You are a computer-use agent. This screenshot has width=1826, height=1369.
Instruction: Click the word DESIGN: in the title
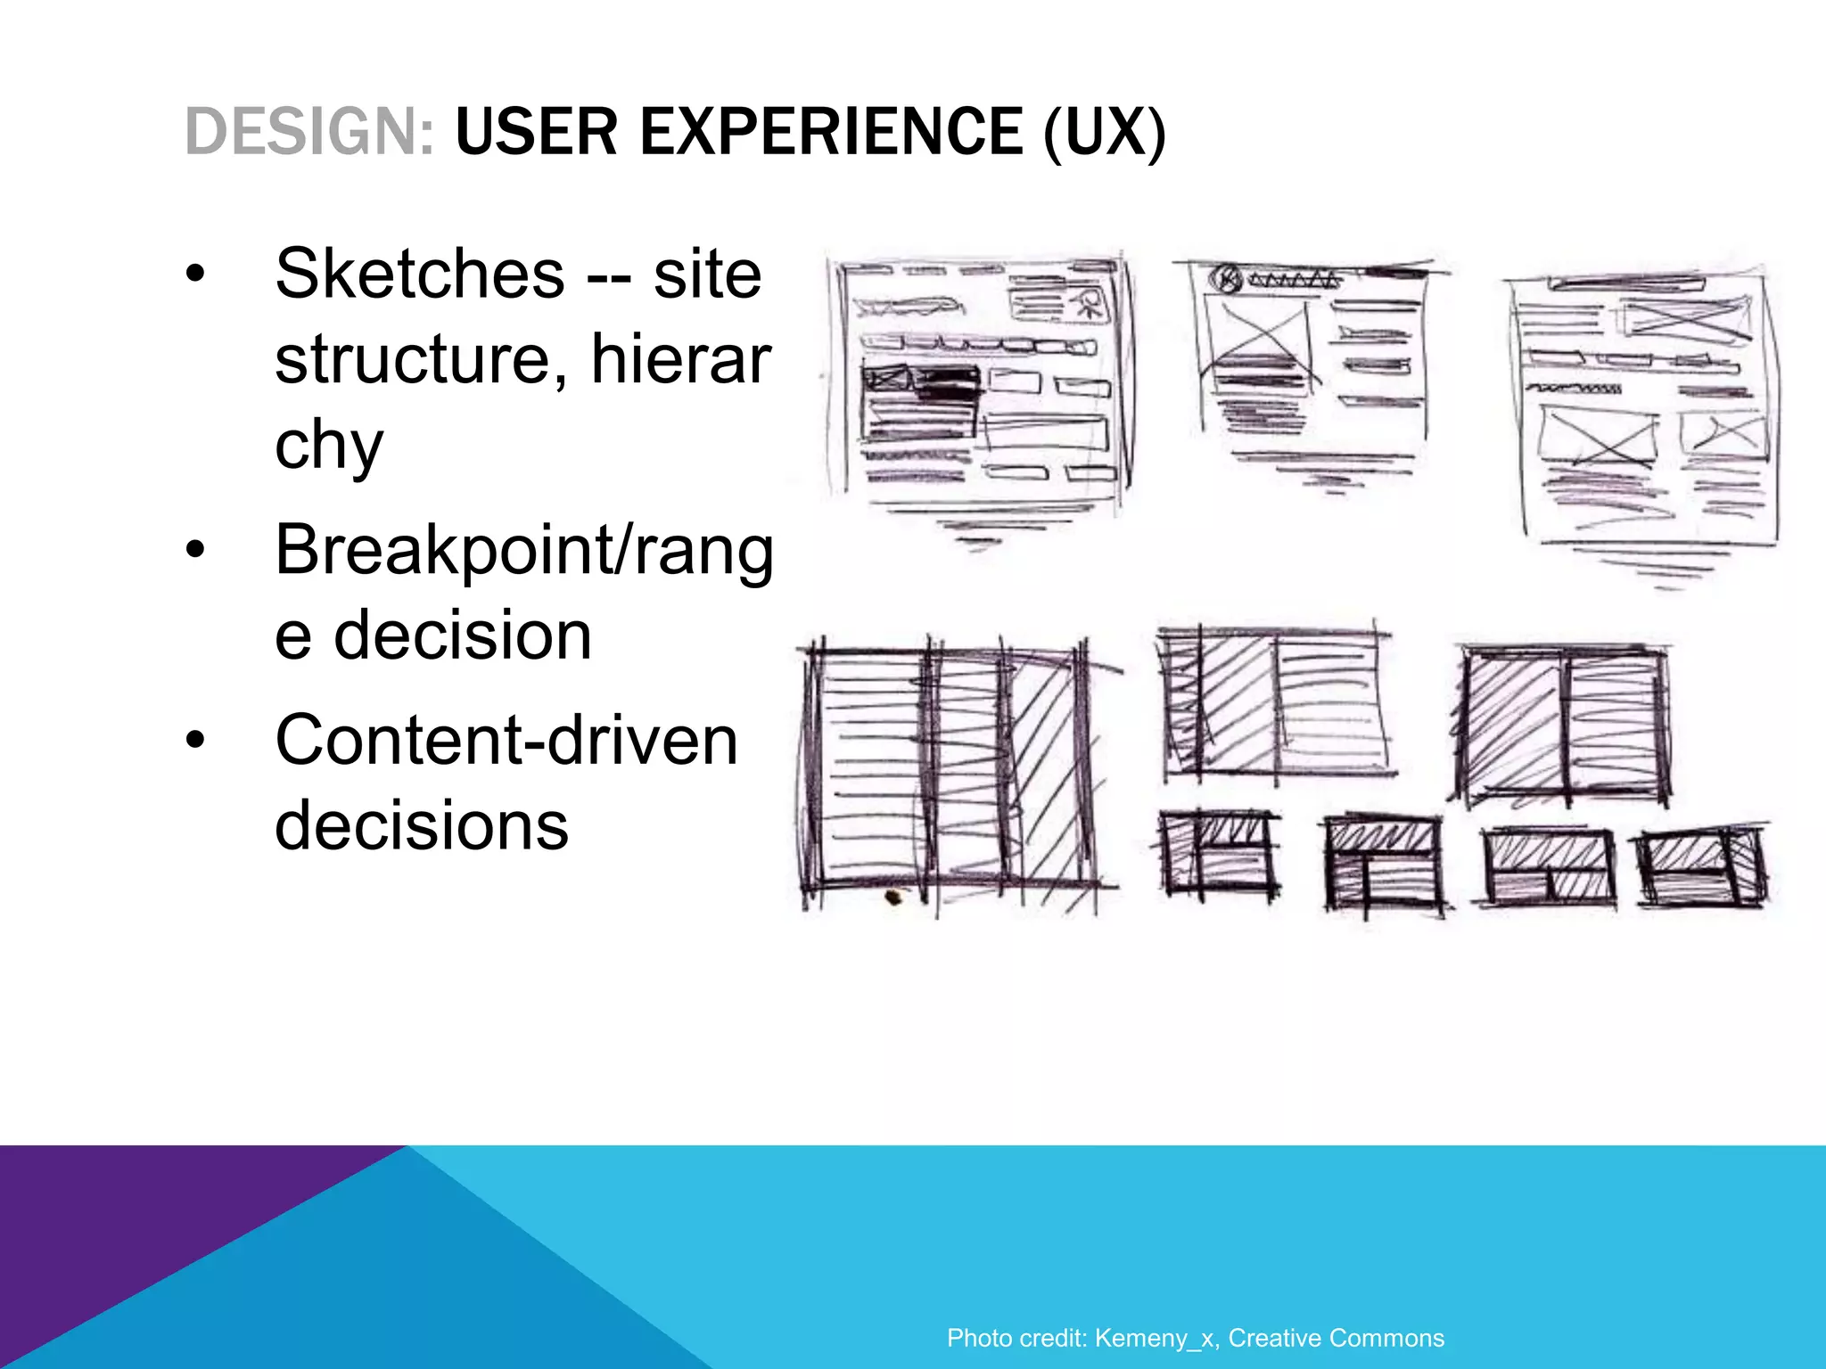pyautogui.click(x=309, y=132)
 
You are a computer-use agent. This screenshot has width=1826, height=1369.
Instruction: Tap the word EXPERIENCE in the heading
pyautogui.click(x=831, y=132)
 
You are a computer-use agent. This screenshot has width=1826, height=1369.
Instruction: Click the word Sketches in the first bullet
pyautogui.click(x=419, y=274)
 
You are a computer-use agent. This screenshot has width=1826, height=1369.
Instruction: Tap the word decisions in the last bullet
pyautogui.click(x=421, y=825)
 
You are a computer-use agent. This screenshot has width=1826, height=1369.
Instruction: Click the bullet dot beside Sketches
pyautogui.click(x=195, y=274)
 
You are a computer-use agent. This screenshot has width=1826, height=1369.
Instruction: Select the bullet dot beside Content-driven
pyautogui.click(x=195, y=740)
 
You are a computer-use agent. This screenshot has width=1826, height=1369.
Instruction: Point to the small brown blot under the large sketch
pyautogui.click(x=892, y=897)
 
